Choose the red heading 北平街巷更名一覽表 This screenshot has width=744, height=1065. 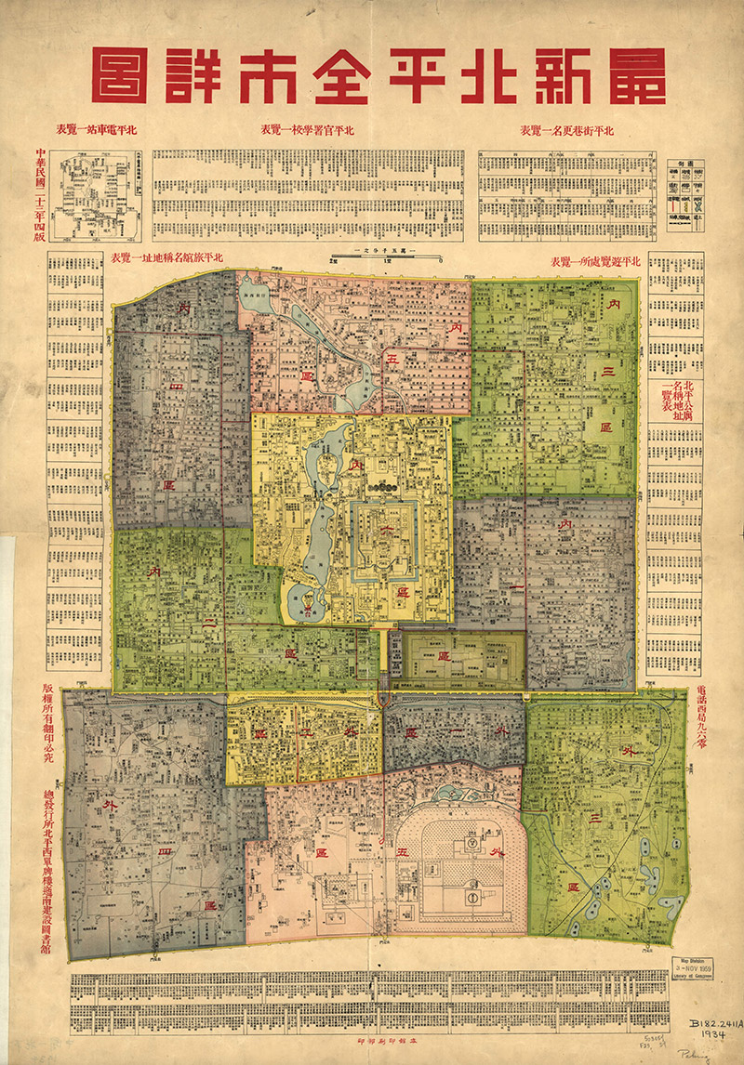point(567,130)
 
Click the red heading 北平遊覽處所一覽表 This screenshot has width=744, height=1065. point(596,259)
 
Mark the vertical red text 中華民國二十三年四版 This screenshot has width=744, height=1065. point(39,196)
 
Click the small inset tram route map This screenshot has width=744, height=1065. point(98,196)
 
